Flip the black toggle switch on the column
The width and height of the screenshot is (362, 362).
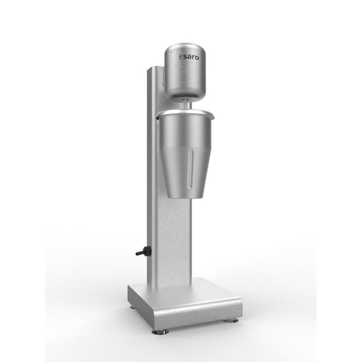[x=141, y=252]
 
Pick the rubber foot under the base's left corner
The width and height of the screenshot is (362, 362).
[x=133, y=306]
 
